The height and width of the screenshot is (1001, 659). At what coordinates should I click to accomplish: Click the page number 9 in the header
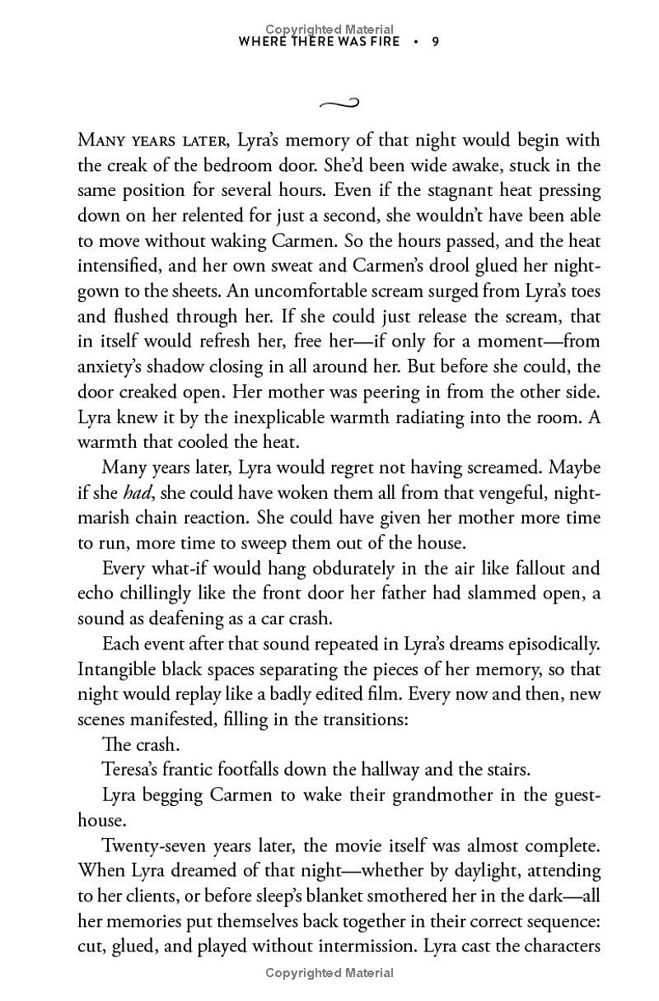(435, 41)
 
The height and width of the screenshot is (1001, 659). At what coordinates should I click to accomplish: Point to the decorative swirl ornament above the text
(339, 103)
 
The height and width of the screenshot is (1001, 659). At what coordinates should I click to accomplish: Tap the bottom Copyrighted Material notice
(329, 973)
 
